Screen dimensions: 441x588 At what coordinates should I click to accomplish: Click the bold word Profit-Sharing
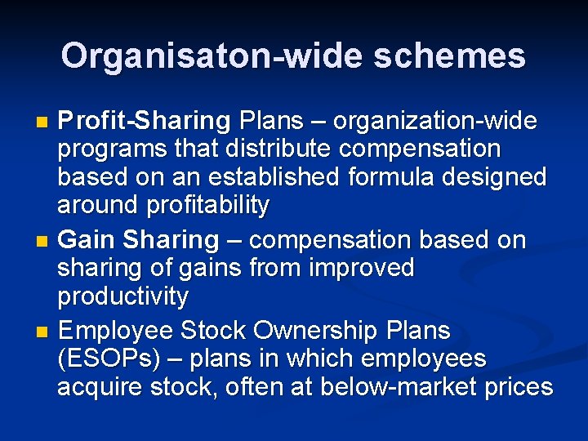pos(145,122)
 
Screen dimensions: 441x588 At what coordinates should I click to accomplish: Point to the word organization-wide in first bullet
pos(435,122)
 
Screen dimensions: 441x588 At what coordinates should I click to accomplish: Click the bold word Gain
pos(89,240)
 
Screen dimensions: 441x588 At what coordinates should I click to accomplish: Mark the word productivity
pos(122,296)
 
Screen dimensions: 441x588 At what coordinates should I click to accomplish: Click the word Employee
pos(116,331)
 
